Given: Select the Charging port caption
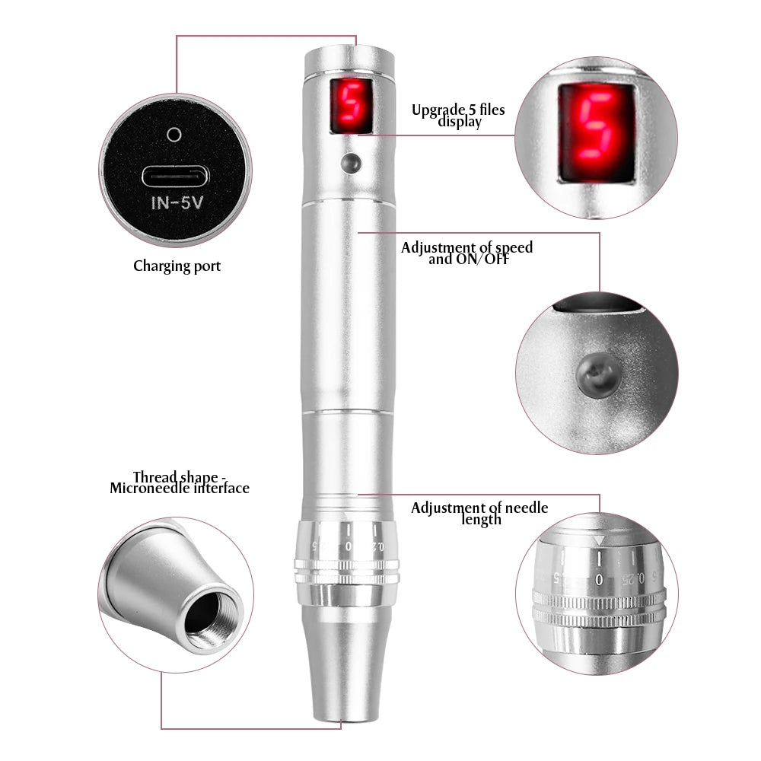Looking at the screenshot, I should coord(177,266).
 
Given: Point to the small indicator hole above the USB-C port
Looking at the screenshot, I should coord(174,135).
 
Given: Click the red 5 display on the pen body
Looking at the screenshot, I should coord(351,107).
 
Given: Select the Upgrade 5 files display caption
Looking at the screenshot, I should coord(457,116).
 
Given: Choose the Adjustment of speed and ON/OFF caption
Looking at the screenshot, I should coord(466,253).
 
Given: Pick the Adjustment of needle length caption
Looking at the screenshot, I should coord(479,513).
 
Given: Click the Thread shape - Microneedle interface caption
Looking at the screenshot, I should coord(180,482).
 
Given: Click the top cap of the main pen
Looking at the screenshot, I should coord(349,61).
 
